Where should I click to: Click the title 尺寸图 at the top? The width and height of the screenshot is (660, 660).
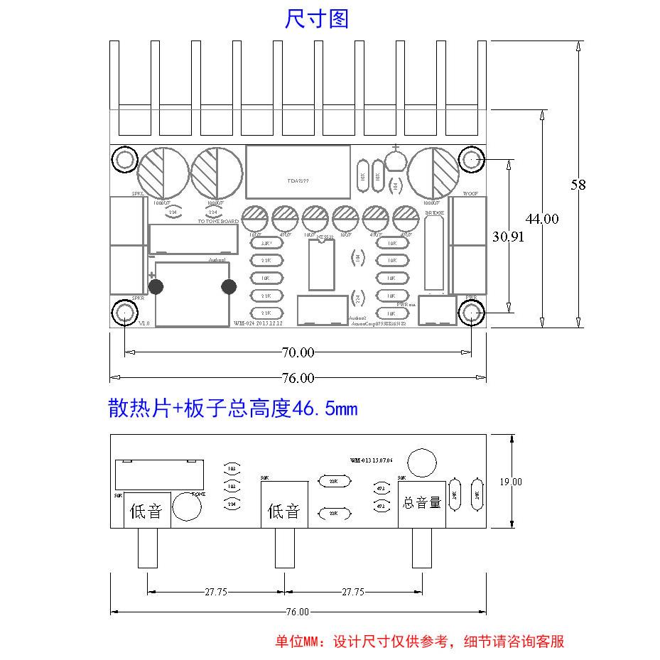coord(317,19)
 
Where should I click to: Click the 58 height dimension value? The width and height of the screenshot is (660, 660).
coord(578,185)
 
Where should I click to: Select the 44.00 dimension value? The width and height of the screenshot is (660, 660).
coord(542,219)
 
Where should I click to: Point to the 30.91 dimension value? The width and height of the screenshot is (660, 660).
coord(507,237)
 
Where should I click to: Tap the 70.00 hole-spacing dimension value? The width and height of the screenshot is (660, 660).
coord(298,352)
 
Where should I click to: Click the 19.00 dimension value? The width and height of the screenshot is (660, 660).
coord(510,482)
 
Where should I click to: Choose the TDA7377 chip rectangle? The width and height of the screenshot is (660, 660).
coord(298,172)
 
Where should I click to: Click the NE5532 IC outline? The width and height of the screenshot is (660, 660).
coord(322,265)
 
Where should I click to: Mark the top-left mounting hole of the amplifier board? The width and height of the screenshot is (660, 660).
coord(125,159)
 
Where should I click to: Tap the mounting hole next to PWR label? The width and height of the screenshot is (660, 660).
coord(472,313)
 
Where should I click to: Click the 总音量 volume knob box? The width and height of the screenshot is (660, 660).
coord(422,503)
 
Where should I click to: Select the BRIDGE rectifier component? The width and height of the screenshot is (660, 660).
coord(436,252)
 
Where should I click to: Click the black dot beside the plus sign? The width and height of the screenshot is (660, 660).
coord(156,287)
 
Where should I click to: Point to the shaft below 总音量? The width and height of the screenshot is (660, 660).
coord(422,547)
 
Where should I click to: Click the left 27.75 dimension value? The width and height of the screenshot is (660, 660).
coord(216,592)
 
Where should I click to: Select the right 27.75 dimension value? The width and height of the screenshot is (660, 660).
coord(353,592)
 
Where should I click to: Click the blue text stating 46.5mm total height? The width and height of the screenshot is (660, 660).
coord(232,409)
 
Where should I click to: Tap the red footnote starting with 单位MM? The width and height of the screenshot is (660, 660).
coord(419,642)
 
